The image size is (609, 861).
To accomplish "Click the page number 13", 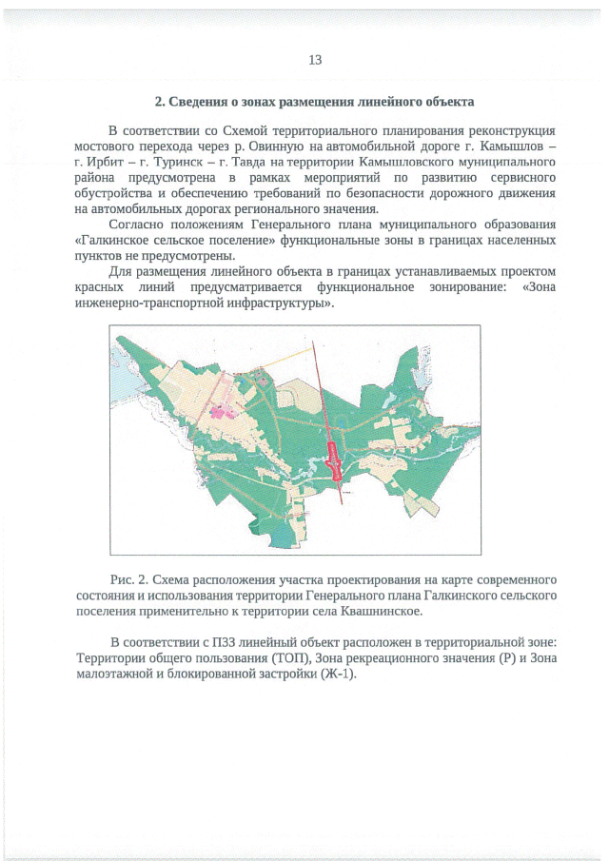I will (x=315, y=60).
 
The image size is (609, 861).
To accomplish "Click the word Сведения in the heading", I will (x=200, y=101).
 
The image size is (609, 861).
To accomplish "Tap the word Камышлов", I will (x=512, y=147).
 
